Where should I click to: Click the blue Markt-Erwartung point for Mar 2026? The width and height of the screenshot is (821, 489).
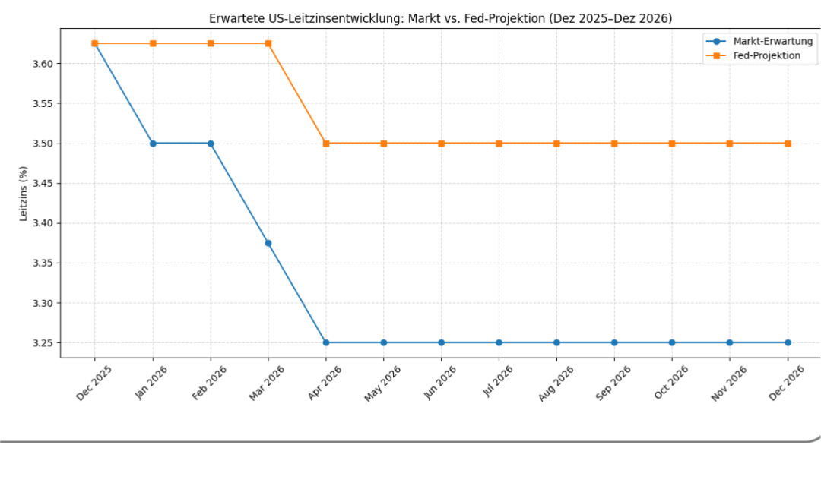(x=268, y=243)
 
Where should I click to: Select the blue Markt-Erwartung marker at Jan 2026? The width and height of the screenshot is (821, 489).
(x=153, y=144)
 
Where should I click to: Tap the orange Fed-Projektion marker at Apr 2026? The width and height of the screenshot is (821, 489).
(x=326, y=144)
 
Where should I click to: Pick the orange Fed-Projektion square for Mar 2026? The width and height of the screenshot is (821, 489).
(x=268, y=43)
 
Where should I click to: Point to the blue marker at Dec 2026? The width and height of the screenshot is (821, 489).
(x=788, y=342)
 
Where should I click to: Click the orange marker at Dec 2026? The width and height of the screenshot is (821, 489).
(x=788, y=144)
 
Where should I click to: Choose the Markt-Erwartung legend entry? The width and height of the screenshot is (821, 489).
(x=772, y=42)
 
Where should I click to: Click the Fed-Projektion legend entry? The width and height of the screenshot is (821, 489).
(x=766, y=55)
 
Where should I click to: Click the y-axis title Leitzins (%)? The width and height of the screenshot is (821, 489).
(x=24, y=194)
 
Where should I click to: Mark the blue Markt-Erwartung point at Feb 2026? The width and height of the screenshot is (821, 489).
(x=211, y=144)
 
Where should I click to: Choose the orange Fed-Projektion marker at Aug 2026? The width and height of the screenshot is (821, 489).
(x=556, y=144)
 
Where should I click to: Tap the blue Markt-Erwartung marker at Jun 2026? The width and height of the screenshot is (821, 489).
(x=441, y=342)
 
